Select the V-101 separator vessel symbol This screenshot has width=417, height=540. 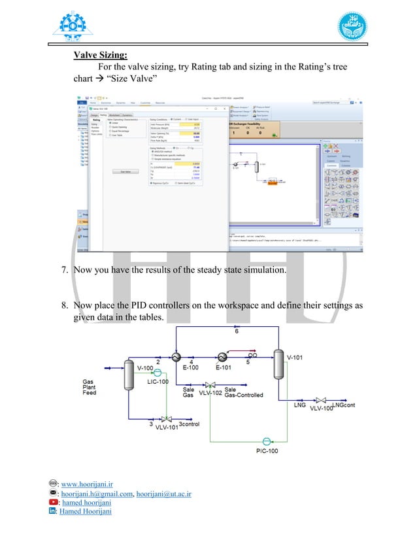279,366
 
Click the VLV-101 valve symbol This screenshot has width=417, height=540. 167,419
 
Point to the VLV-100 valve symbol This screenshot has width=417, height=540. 321,401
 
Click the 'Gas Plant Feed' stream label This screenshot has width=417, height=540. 89,387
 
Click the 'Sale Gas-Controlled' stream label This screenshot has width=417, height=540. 243,392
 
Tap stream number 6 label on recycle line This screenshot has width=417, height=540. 237,332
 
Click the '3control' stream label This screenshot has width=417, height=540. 190,426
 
